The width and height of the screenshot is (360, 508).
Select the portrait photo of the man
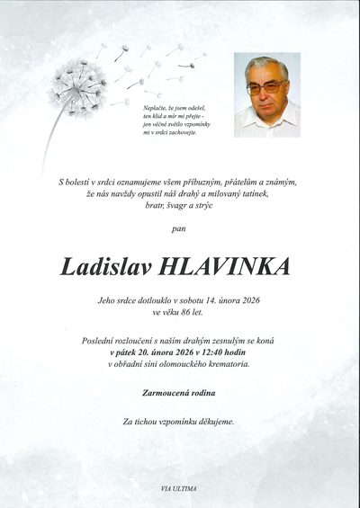(267, 94)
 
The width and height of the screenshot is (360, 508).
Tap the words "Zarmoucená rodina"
(180, 394)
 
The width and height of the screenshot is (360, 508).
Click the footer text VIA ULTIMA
(180, 488)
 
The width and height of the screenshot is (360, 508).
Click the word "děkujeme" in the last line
(216, 421)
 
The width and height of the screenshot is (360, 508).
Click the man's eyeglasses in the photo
(265, 86)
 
